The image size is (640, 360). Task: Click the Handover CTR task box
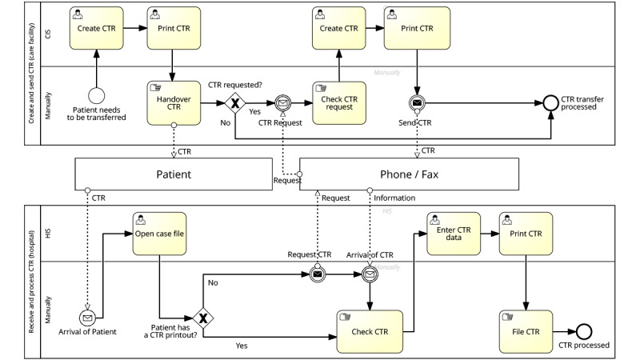[174, 103]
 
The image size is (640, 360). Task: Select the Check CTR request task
[338, 102]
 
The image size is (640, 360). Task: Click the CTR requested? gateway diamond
[235, 102]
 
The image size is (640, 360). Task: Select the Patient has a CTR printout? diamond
[203, 318]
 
